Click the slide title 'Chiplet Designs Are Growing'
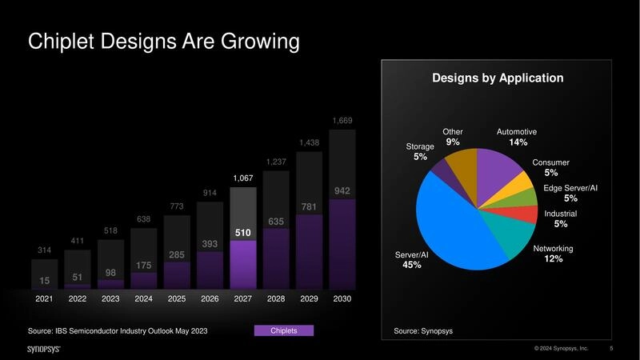tap(164, 42)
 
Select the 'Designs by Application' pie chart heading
tap(498, 78)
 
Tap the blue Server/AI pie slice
tap(456, 224)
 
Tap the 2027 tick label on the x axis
tap(243, 298)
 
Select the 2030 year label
tap(342, 298)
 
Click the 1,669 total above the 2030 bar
tap(342, 121)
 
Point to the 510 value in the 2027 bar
tap(243, 233)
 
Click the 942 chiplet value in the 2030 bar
tap(342, 191)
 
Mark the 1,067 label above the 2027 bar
tap(243, 178)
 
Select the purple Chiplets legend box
tap(284, 330)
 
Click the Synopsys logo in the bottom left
tap(43, 349)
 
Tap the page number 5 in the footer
tap(611, 349)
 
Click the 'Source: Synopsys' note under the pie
tap(423, 330)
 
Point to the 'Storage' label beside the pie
tap(420, 146)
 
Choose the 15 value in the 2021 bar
tap(45, 281)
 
